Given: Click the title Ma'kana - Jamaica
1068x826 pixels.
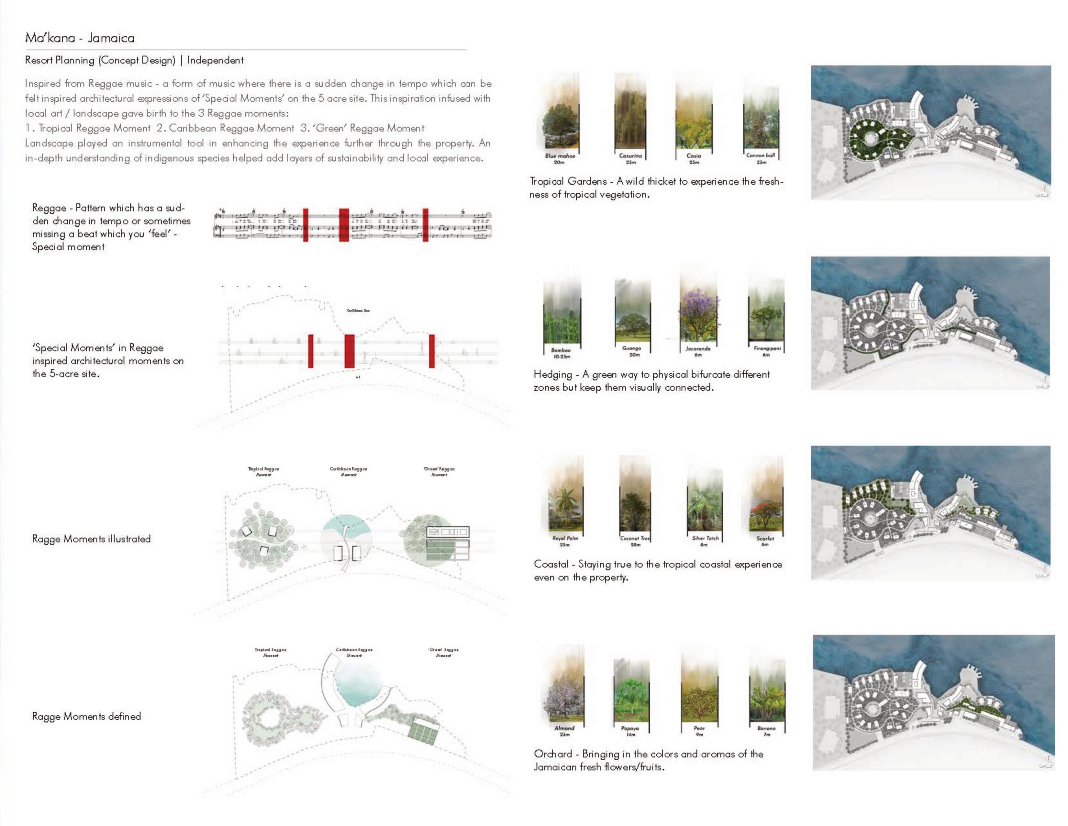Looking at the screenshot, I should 80,38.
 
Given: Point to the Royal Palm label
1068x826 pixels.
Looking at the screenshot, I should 565,538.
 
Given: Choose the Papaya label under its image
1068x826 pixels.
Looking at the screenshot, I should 630,728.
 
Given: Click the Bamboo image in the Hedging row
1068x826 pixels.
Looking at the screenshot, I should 562,318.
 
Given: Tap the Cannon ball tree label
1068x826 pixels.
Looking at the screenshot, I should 761,155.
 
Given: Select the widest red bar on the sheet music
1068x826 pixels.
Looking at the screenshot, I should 344,224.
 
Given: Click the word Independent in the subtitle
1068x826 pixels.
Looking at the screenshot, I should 215,60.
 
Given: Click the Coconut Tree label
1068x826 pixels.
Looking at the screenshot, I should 635,538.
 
